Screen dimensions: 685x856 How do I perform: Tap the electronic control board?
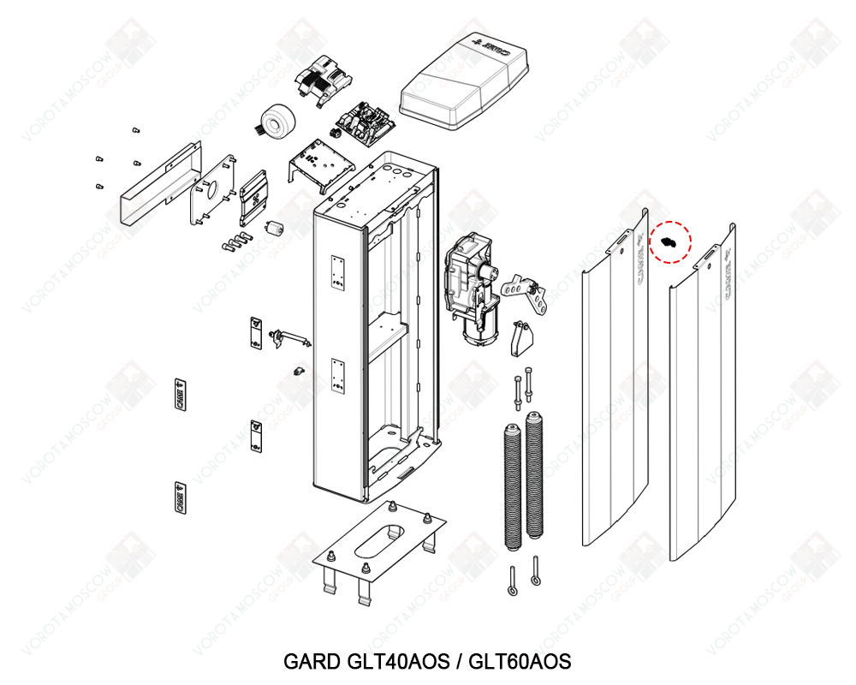(x=364, y=121)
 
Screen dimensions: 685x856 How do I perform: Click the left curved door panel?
(x=613, y=385)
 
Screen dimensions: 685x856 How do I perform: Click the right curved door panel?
(x=702, y=402)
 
